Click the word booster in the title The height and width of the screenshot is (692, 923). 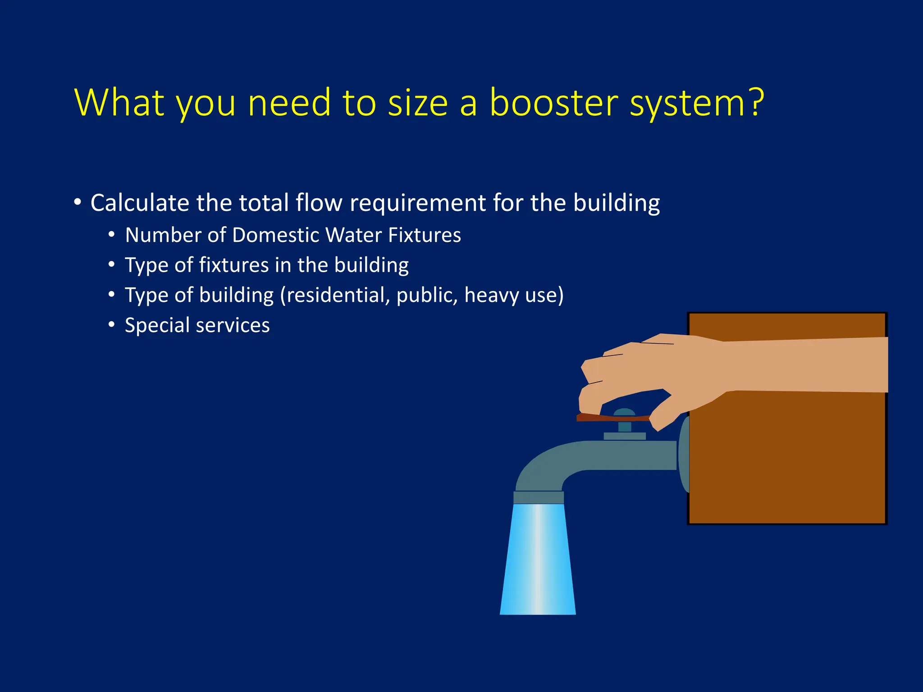tap(553, 103)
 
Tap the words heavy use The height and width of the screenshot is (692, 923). tap(512, 296)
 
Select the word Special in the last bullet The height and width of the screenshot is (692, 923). tap(157, 325)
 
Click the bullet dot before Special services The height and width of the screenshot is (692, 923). tap(111, 325)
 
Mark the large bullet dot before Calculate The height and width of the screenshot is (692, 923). tap(78, 202)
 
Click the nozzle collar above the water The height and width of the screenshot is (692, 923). tap(539, 497)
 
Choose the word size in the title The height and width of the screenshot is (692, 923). tap(417, 103)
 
